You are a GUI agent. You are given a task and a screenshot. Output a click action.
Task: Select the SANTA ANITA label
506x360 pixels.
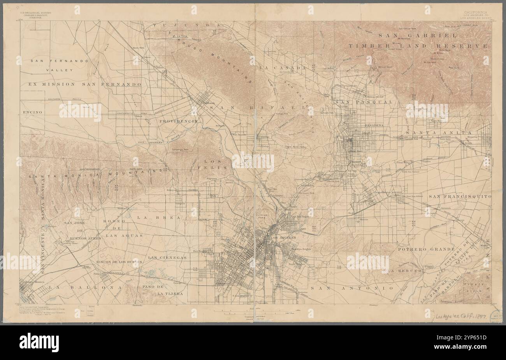(432, 133)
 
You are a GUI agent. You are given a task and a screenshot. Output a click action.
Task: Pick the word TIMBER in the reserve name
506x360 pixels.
(365, 46)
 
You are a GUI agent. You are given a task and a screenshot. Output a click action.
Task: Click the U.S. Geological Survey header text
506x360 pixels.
(35, 24)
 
